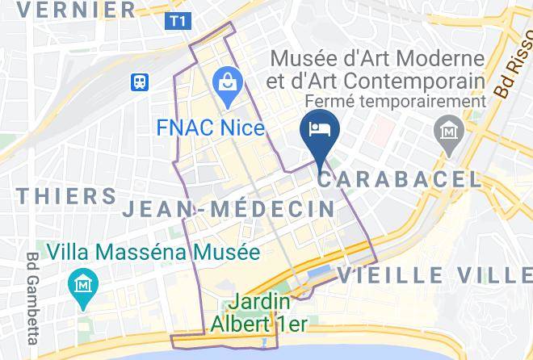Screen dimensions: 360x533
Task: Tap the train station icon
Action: [142, 82]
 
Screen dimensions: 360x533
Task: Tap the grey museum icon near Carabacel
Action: [447, 132]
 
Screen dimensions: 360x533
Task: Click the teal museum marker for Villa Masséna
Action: [84, 286]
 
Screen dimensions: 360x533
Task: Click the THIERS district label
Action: [67, 196]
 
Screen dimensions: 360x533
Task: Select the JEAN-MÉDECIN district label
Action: [229, 209]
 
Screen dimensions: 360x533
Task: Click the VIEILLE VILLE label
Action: [434, 274]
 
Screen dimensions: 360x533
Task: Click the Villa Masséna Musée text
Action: [153, 252]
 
